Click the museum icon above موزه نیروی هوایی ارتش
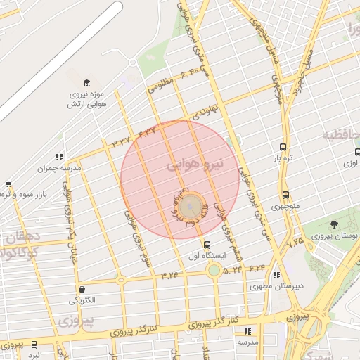click(86, 84)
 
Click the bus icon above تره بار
click(283, 148)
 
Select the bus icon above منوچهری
click(285, 195)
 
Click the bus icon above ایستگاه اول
click(207, 245)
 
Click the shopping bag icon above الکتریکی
click(82, 290)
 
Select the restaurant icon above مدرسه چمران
click(60, 157)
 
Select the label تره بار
click(282, 159)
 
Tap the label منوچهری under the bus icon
click(285, 207)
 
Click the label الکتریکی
click(82, 301)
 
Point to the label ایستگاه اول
click(207, 256)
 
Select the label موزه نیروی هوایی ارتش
click(86, 99)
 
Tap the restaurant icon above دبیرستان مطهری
click(276, 275)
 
